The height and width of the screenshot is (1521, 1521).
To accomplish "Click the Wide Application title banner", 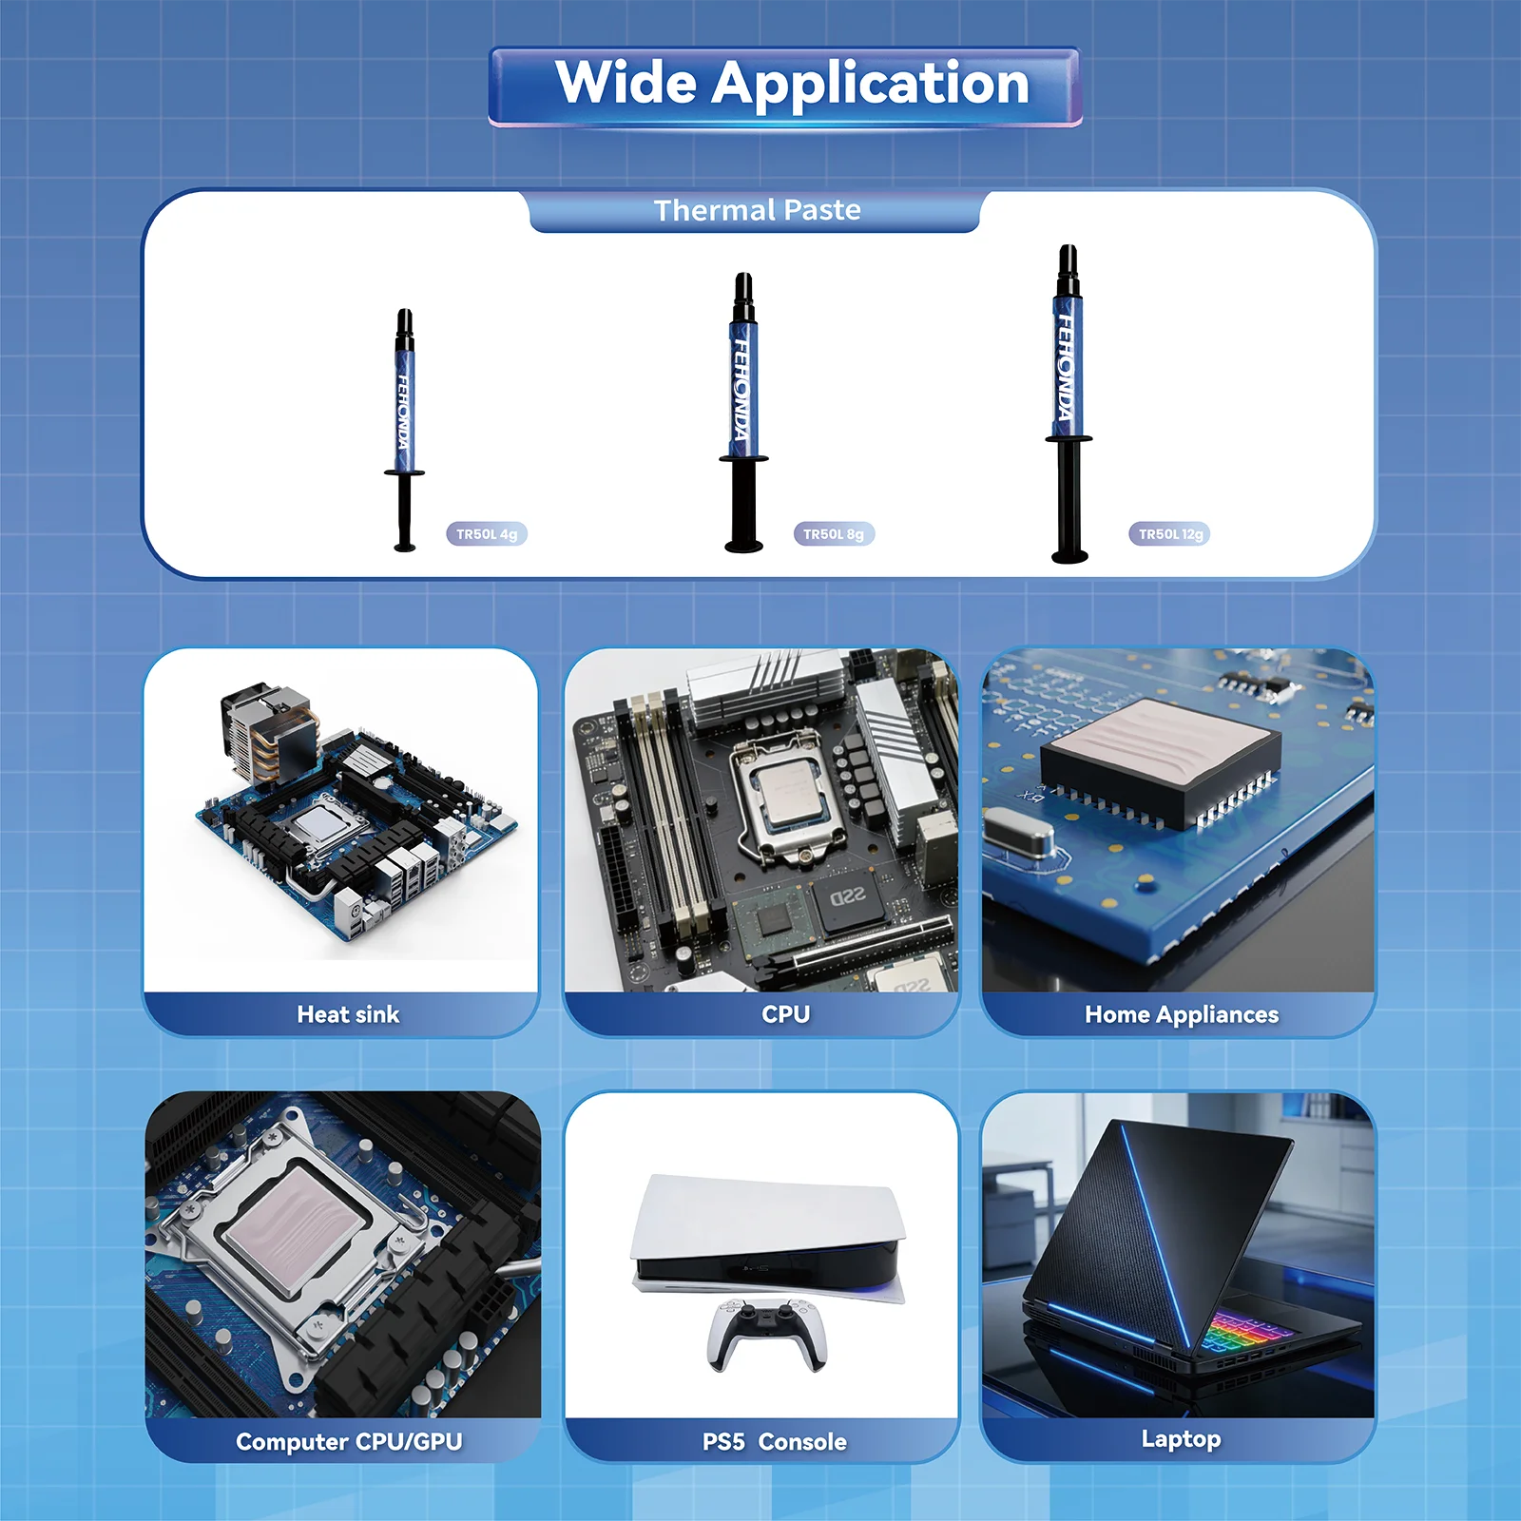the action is click(785, 87).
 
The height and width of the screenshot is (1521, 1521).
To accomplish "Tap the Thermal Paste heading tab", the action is click(756, 210).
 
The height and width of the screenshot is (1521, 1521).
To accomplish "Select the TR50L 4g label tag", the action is click(487, 534).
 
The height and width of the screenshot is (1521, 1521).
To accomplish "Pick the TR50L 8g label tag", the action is click(834, 534).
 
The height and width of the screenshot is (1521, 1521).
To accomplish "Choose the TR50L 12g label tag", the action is click(1171, 534).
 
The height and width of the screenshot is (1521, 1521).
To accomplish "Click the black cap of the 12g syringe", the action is click(1069, 270).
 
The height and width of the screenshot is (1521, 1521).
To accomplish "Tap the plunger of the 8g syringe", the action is click(743, 505).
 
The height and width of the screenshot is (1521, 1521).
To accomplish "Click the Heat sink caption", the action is click(348, 1014).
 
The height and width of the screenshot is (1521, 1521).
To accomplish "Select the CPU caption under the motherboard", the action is click(785, 1014).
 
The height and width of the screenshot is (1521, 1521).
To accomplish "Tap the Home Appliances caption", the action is click(1182, 1014).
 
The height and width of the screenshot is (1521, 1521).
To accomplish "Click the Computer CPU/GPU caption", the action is click(349, 1441).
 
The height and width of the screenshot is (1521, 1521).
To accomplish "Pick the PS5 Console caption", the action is click(774, 1441).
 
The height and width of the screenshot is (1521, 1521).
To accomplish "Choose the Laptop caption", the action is click(1181, 1438).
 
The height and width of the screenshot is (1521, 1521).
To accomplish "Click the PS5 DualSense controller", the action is click(767, 1335).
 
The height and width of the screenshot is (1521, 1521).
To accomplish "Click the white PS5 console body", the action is click(766, 1232).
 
